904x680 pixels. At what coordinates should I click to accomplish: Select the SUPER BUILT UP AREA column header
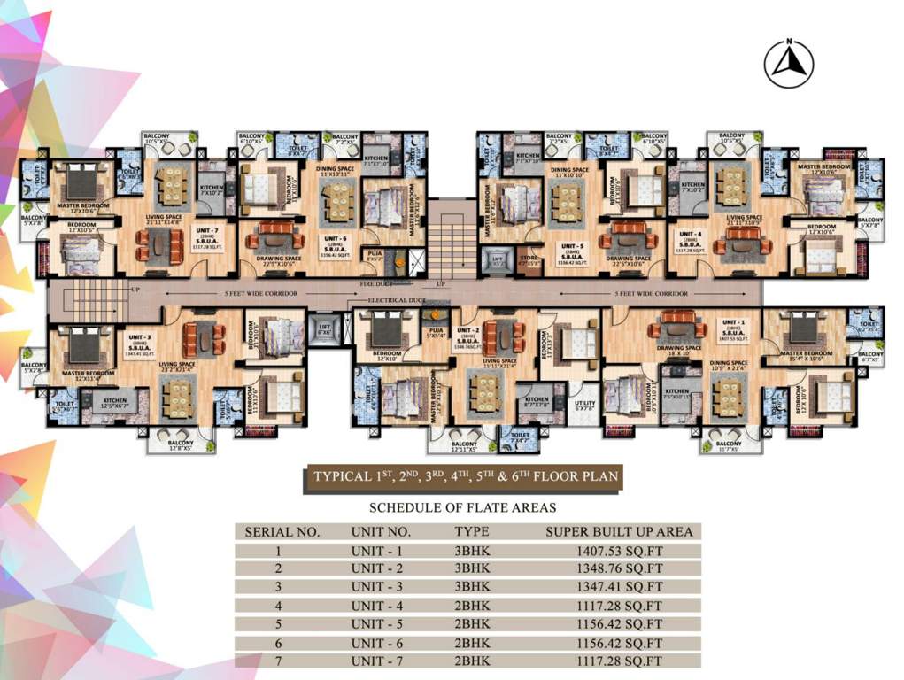[619, 532]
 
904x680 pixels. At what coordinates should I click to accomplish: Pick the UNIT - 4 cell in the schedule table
[381, 606]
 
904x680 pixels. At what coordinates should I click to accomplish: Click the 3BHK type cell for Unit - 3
[472, 587]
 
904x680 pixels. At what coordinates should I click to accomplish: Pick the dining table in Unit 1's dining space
[729, 393]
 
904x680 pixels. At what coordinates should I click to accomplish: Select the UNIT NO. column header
[381, 532]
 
